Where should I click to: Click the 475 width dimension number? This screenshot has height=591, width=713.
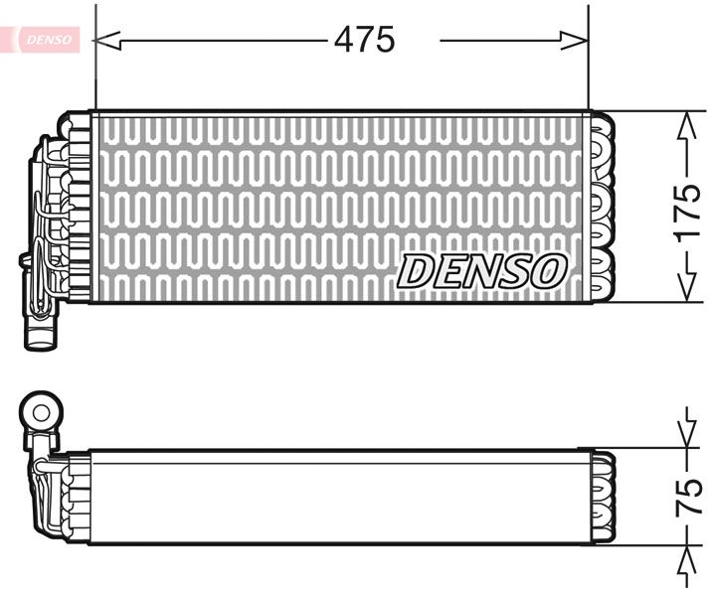pyautogui.click(x=364, y=40)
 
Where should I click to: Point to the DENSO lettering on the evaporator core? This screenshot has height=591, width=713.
pyautogui.click(x=483, y=271)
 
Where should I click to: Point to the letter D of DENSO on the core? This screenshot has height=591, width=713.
pyautogui.click(x=416, y=271)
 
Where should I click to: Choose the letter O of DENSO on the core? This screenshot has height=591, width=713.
pyautogui.click(x=549, y=270)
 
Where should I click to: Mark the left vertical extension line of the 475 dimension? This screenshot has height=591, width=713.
pyautogui.click(x=94, y=60)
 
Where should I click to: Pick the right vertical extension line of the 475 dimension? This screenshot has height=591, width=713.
pyautogui.click(x=589, y=60)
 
